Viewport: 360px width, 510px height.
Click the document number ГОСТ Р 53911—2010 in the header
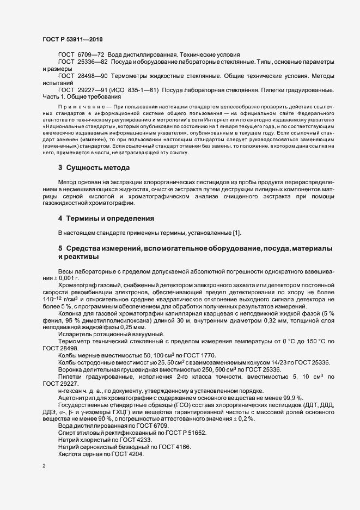coord(72,40)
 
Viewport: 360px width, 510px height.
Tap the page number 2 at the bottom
coord(44,466)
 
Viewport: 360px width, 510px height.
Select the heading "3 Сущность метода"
coord(94,168)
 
